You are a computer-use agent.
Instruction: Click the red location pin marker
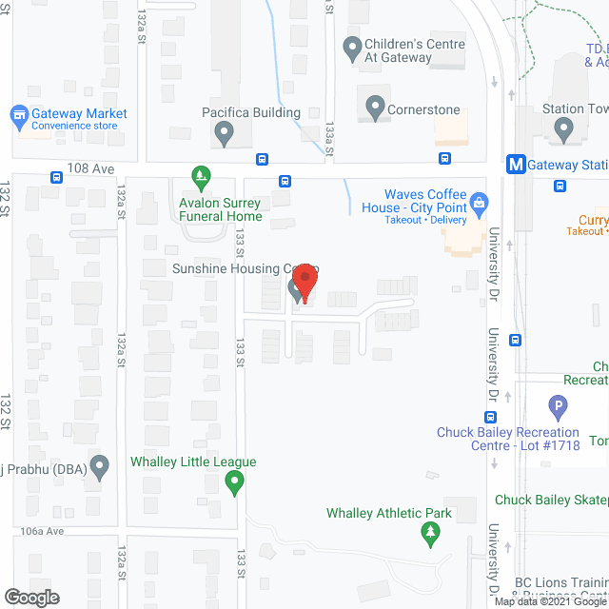point(304,282)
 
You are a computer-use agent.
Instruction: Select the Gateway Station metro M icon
point(516,164)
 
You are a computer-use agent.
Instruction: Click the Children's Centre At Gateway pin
point(352,46)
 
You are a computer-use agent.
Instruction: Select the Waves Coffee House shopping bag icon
point(480,201)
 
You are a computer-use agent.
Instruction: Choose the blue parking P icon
point(559,409)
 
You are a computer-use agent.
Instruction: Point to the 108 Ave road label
point(91,167)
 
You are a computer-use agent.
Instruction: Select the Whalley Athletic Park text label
point(389,514)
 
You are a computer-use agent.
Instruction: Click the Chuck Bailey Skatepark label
point(551,501)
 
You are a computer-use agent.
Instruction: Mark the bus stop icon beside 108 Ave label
point(58,177)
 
